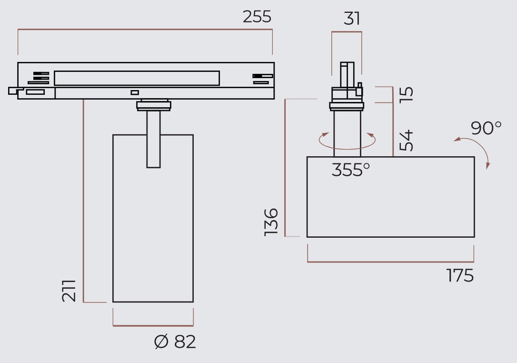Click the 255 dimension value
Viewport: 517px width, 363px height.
257,17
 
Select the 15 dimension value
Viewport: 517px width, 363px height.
407,94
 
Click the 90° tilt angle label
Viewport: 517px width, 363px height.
486,128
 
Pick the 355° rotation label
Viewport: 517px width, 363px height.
350,170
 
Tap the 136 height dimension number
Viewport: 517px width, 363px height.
271,221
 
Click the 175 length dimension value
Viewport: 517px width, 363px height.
460,275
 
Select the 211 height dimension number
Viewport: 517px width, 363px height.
70,291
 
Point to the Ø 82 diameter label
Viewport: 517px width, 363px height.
175,342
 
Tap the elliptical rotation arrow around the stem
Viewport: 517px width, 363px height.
347,141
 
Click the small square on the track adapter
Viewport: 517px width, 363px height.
135,92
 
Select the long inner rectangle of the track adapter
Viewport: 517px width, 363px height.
137,78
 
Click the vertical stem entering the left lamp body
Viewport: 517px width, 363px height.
153,138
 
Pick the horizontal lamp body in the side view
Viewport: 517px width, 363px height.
390,197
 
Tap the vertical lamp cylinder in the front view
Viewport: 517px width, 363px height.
153,229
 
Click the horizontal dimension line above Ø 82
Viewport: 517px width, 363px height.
153,326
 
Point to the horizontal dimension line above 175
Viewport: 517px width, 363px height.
390,262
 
